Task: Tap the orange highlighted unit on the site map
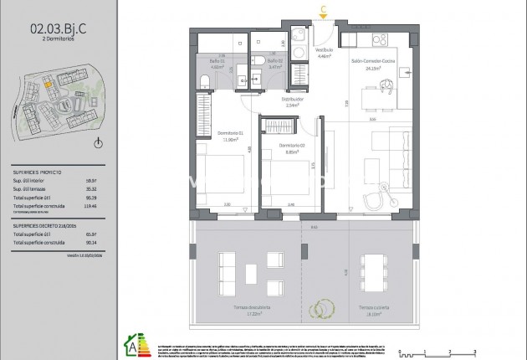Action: pos(49,83)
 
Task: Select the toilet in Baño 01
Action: pos(205,81)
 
